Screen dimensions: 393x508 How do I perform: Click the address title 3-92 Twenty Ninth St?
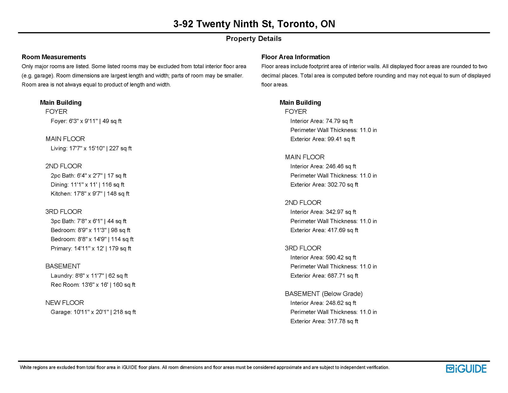tap(254, 24)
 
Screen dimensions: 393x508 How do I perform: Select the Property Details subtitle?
tap(254, 38)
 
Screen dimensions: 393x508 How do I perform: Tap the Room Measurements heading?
tap(54, 57)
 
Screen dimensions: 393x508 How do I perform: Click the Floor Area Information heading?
tap(295, 57)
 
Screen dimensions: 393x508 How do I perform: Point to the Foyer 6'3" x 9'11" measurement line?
tap(86, 121)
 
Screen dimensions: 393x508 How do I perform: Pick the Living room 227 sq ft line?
tap(91, 148)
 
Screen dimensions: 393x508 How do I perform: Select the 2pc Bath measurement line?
tap(89, 176)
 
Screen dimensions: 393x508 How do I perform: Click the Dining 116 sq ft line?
tap(88, 184)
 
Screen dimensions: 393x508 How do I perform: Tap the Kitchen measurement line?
tap(90, 194)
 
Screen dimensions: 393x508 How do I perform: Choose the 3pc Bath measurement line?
tap(89, 221)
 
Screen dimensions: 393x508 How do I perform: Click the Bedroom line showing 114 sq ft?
tap(92, 239)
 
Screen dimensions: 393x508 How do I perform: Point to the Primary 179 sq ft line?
tap(91, 248)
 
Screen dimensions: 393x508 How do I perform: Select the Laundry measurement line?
tap(89, 276)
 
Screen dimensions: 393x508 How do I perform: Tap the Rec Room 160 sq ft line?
tap(93, 285)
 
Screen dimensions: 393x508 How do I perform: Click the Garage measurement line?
tap(93, 312)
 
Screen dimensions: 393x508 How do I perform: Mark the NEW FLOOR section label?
tap(64, 303)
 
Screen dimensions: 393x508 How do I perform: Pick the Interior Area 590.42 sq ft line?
tap(323, 257)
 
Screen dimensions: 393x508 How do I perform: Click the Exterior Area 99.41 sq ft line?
tap(323, 139)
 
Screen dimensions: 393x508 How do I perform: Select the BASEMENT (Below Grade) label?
tap(324, 293)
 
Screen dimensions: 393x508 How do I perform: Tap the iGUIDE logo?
tap(466, 369)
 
